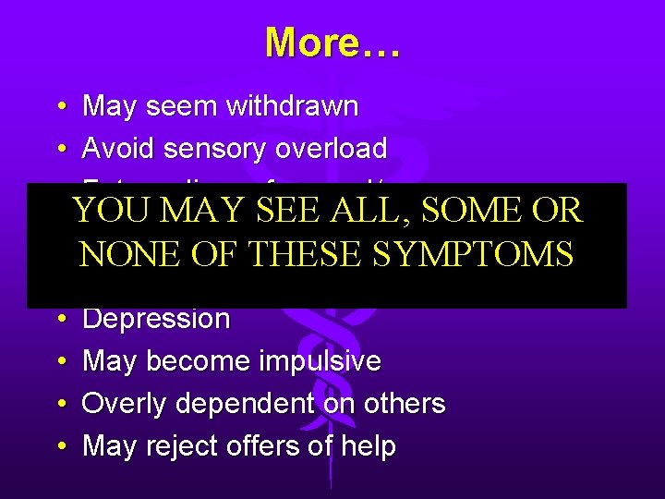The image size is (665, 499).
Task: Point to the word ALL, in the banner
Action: tap(381, 211)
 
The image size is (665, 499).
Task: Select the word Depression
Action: tap(156, 320)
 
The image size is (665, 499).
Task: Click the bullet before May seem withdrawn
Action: tap(59, 107)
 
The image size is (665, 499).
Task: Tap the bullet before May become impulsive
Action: tap(59, 362)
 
